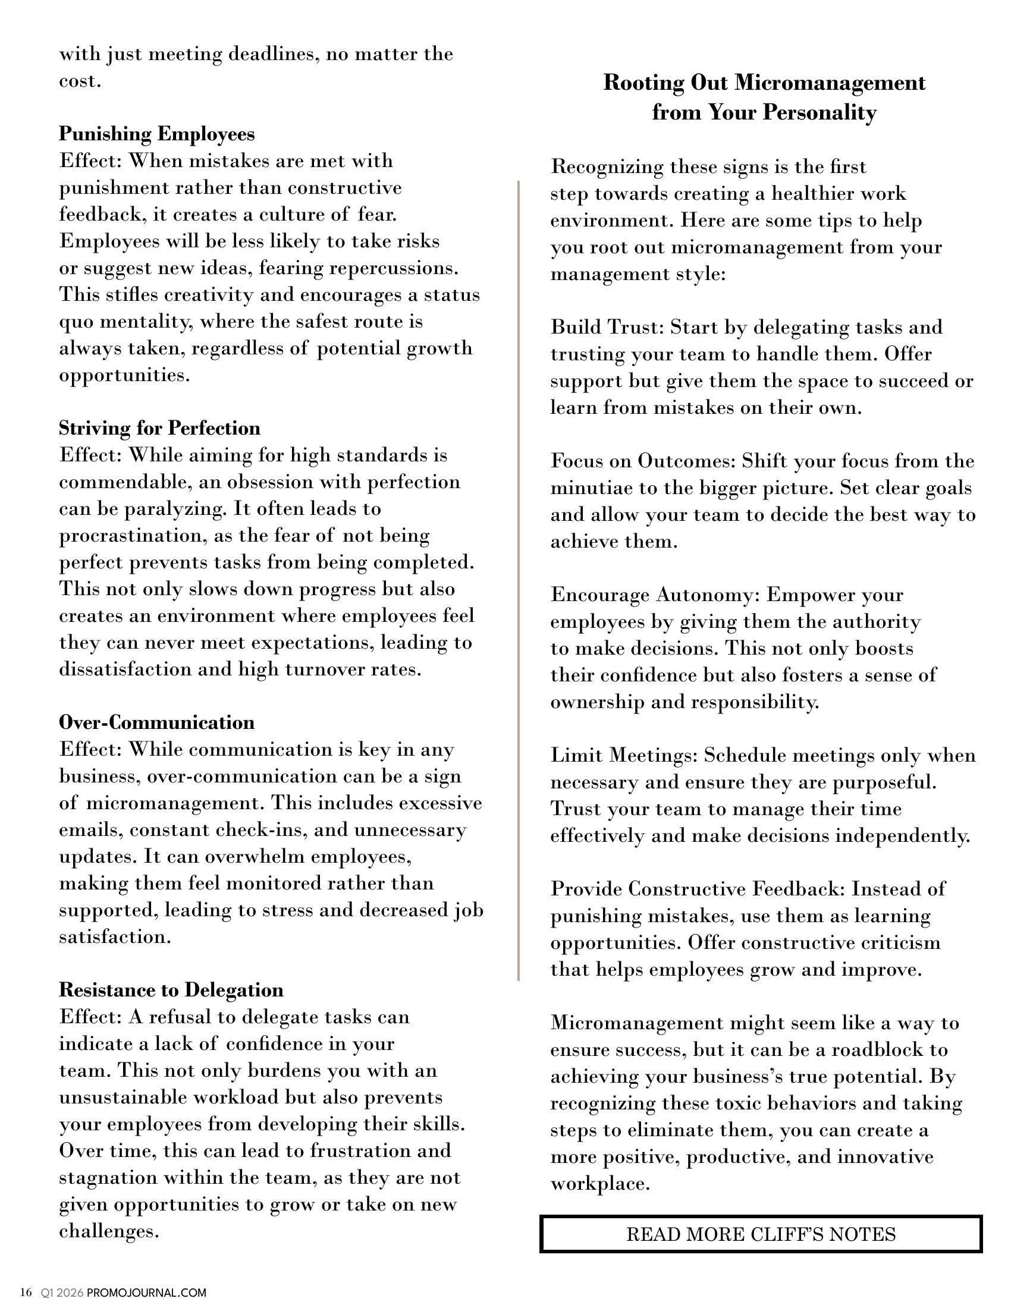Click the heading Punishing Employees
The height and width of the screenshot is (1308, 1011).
(157, 134)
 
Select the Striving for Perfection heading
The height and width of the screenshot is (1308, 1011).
(159, 428)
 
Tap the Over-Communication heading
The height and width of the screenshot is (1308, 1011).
(157, 722)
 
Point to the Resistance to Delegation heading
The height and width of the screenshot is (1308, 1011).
(171, 990)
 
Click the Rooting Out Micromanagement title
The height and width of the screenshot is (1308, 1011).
(764, 97)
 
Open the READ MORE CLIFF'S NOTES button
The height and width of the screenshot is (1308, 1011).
(761, 1234)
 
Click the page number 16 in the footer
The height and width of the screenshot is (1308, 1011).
(26, 1293)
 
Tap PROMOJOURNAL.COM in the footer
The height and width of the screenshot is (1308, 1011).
(146, 1293)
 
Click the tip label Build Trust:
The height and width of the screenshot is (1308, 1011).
(607, 327)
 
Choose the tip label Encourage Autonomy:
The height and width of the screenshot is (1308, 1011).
(655, 595)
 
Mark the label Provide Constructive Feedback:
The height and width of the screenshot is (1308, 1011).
(698, 889)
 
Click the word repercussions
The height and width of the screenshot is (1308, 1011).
(394, 268)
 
